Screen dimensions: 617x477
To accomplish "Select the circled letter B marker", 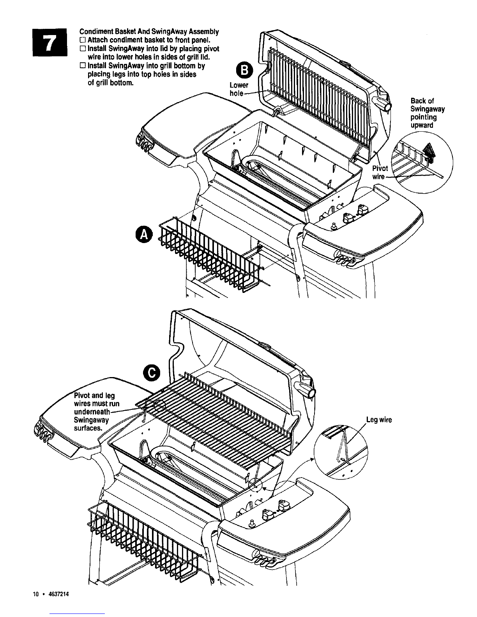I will [x=244, y=70].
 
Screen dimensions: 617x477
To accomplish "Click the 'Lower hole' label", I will [x=238, y=89].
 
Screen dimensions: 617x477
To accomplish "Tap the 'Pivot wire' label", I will [x=380, y=173].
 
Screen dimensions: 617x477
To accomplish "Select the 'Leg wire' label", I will [x=379, y=420].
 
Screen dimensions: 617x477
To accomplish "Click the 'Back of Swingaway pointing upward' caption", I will [x=428, y=113].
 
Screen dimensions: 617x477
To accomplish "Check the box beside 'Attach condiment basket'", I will [x=82, y=40].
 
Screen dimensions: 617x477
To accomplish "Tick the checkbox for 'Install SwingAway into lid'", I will [x=82, y=49].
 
